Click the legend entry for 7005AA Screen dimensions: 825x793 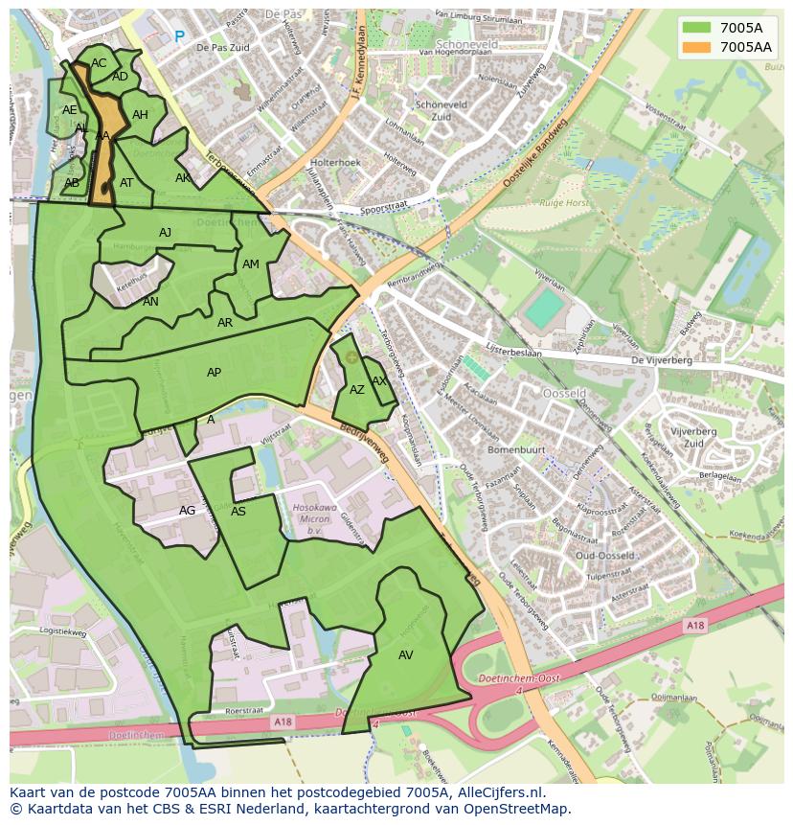[x=746, y=46]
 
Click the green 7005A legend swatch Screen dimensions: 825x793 [x=697, y=28]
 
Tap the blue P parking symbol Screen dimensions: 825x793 [x=179, y=36]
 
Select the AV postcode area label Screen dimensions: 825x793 [x=405, y=654]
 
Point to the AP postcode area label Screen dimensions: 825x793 [x=214, y=373]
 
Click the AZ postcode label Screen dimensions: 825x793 [x=356, y=390]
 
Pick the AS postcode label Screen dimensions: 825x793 [x=238, y=512]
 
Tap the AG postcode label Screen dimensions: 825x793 [x=187, y=511]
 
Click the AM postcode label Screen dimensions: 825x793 [x=250, y=264]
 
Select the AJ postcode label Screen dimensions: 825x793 [x=165, y=233]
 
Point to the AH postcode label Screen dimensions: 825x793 [x=140, y=115]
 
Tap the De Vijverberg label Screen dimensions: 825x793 [x=661, y=360]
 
